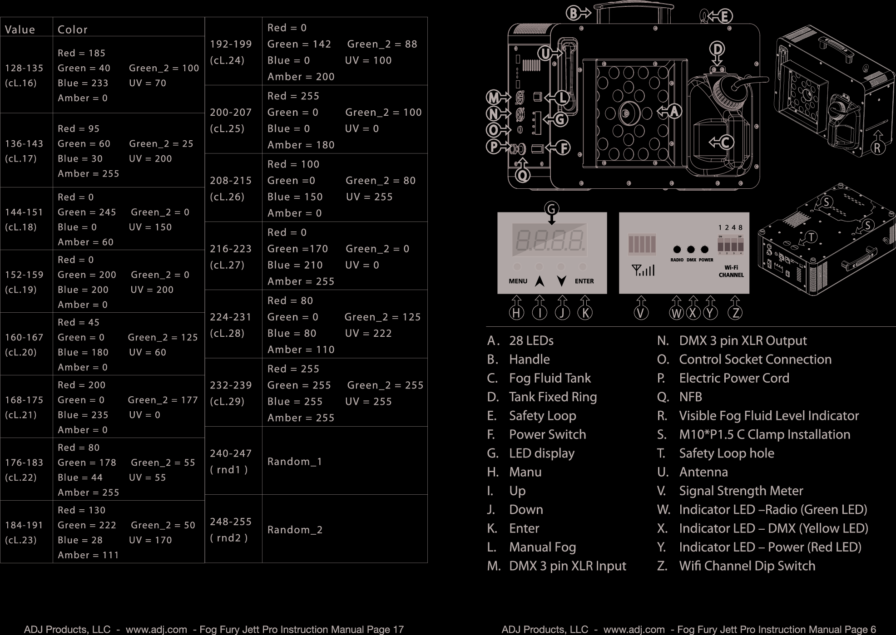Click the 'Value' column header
point(20,30)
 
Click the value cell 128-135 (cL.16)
point(24,75)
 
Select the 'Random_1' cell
point(295,462)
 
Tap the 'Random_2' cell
point(295,530)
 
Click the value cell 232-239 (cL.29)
point(231,393)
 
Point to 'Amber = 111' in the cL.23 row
point(88,555)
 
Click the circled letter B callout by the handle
point(574,14)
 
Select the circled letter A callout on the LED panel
point(674,111)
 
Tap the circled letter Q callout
point(523,175)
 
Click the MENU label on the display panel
point(518,281)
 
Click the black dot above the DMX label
point(691,250)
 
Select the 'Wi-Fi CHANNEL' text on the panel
point(731,271)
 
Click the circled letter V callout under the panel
point(641,313)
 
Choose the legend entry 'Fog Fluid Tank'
point(549,378)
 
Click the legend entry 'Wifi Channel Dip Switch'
point(747,566)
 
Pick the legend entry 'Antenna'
point(703,472)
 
